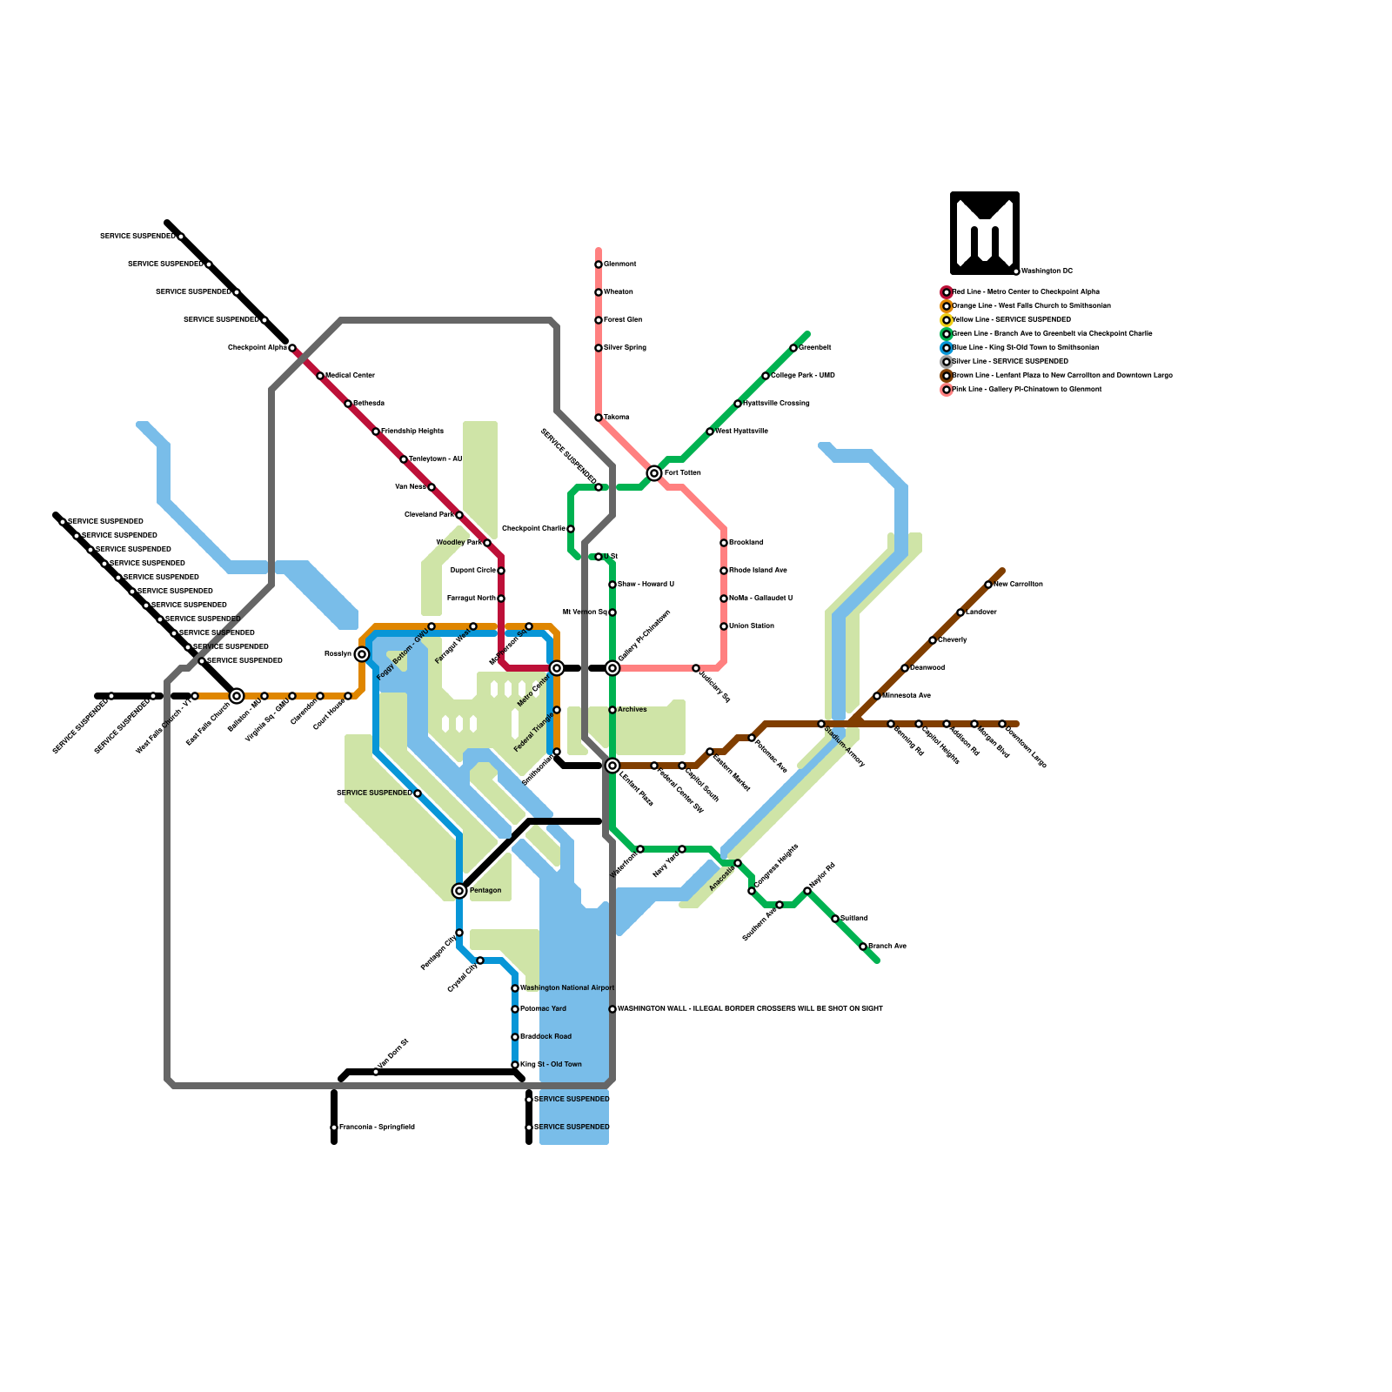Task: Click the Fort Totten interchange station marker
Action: point(654,473)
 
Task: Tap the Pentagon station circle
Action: point(459,891)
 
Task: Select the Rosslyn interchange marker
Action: point(362,654)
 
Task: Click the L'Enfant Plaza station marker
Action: point(612,766)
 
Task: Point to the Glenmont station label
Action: point(620,264)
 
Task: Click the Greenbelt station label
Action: point(815,348)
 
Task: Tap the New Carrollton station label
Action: point(1018,585)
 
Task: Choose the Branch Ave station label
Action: point(887,947)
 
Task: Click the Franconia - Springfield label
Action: point(377,1128)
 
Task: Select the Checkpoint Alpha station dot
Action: point(292,348)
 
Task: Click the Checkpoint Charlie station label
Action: point(533,529)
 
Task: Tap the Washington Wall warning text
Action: point(750,1009)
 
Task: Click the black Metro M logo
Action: point(985,233)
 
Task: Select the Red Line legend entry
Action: point(1026,292)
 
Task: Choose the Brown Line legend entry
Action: point(1061,376)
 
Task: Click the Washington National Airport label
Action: point(567,988)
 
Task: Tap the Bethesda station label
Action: point(368,404)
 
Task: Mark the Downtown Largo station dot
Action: point(1002,724)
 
